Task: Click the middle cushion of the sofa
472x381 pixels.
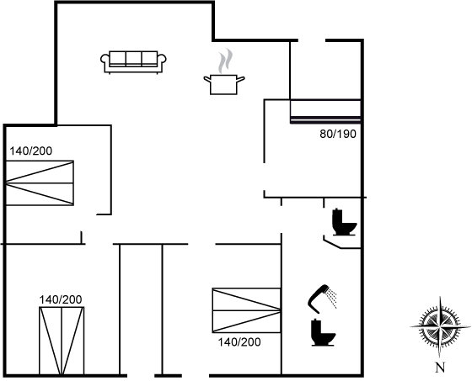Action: click(134, 59)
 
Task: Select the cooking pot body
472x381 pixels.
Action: click(223, 85)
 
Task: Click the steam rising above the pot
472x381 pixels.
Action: click(226, 61)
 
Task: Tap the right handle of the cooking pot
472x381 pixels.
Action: click(240, 79)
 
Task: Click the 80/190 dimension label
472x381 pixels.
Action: click(338, 134)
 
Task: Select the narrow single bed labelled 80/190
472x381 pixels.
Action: click(325, 111)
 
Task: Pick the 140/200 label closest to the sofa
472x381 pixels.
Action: click(30, 151)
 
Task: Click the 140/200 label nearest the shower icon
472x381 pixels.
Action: click(239, 342)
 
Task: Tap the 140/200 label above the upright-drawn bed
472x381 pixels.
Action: click(61, 299)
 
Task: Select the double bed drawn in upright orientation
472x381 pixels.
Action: click(62, 341)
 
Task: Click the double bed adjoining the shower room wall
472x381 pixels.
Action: click(246, 310)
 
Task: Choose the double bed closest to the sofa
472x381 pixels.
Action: click(40, 183)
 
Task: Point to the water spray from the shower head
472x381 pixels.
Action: click(333, 298)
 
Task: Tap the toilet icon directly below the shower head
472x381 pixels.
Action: click(323, 332)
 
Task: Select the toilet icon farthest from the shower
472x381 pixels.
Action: click(344, 222)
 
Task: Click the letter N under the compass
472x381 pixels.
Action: click(440, 368)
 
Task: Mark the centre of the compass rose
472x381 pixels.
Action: click(440, 326)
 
